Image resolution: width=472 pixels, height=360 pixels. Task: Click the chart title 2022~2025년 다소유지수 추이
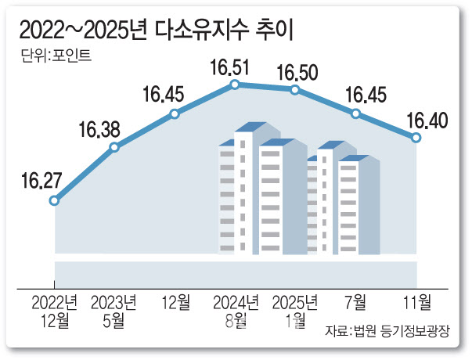[x=160, y=31]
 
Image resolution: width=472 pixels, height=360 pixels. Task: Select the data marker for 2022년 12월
[x=54, y=201]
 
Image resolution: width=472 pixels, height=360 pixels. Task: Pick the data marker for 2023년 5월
[x=115, y=147]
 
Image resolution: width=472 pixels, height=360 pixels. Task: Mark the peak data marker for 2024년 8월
[x=235, y=84]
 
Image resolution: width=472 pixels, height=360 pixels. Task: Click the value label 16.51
[x=229, y=67]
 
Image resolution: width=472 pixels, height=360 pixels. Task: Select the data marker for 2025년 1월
[x=295, y=90]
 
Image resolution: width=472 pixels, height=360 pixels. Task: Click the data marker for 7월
[x=356, y=114]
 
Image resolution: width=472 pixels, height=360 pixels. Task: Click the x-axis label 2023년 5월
[x=115, y=310]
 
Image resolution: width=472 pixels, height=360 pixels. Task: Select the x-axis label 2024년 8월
[x=235, y=310]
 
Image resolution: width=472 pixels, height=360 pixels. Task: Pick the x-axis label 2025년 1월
[x=295, y=310]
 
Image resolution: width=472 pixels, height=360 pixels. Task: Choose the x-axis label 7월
[x=356, y=301]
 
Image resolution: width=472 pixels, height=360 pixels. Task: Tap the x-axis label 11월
[x=416, y=301]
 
